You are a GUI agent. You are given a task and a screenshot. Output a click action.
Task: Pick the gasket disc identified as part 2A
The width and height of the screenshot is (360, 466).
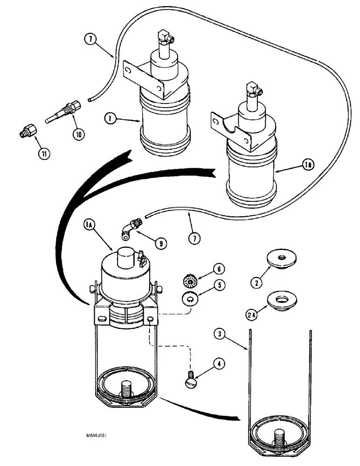[282, 298]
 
